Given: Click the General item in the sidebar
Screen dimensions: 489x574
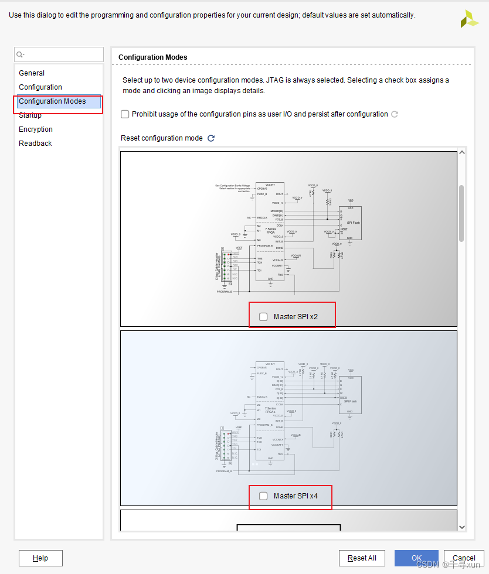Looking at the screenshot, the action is pyautogui.click(x=32, y=73).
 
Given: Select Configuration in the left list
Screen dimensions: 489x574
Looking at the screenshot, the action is pyautogui.click(x=40, y=87).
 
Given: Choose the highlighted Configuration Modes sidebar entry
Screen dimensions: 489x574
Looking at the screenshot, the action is pyautogui.click(x=52, y=101).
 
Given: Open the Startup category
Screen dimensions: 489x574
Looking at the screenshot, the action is pyautogui.click(x=30, y=115).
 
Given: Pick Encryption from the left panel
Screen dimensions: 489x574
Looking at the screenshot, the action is pyautogui.click(x=36, y=129).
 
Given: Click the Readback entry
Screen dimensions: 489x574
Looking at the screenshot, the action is pyautogui.click(x=35, y=143).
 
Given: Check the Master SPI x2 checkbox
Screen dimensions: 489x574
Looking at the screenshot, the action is pyautogui.click(x=263, y=317).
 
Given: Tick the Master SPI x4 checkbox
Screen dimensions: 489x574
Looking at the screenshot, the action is pyautogui.click(x=263, y=496).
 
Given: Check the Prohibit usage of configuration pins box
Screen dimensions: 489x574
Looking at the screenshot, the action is pyautogui.click(x=125, y=114).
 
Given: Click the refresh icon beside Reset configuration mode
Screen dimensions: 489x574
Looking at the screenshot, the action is pyautogui.click(x=211, y=138).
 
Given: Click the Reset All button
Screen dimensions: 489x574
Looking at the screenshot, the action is pyautogui.click(x=362, y=558).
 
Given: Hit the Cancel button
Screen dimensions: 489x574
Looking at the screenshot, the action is pyautogui.click(x=464, y=558).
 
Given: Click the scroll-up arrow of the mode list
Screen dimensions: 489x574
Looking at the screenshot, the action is pyautogui.click(x=461, y=153).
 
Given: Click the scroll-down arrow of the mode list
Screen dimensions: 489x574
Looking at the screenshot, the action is pyautogui.click(x=461, y=527).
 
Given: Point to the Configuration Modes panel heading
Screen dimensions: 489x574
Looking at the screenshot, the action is pyautogui.click(x=153, y=57).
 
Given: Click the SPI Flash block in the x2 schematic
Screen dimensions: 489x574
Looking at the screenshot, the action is pyautogui.click(x=350, y=223).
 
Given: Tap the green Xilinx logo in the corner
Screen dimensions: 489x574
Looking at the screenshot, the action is pyautogui.click(x=469, y=19).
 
